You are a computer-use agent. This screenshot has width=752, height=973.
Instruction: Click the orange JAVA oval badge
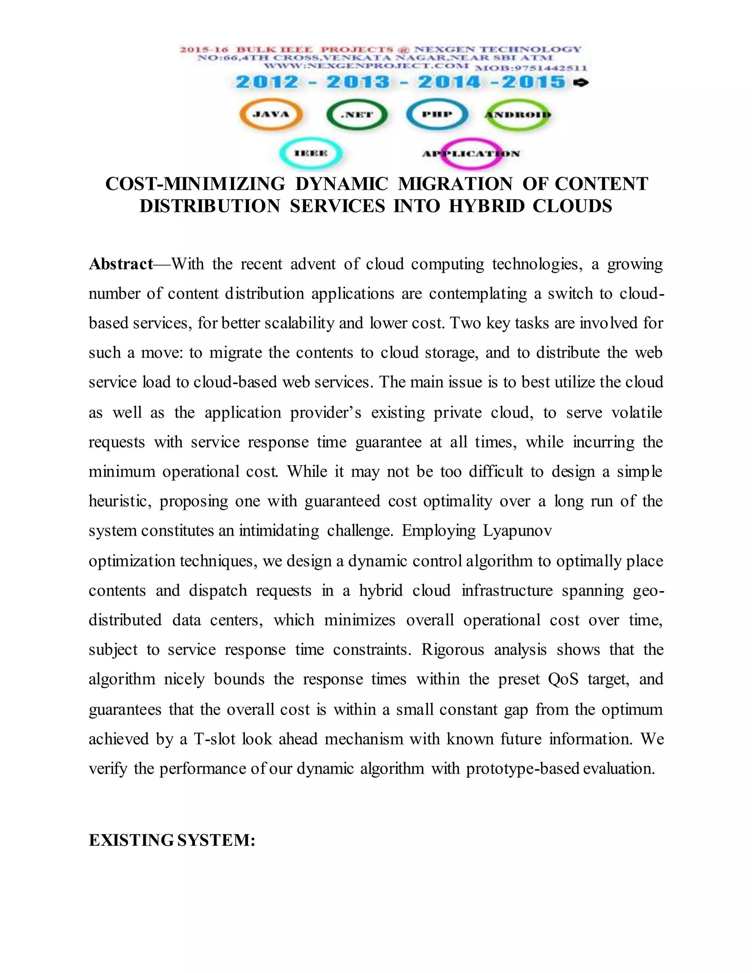click(x=271, y=114)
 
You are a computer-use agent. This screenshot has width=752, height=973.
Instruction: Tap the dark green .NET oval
click(x=357, y=115)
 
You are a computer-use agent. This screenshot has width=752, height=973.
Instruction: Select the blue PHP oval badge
click(x=437, y=114)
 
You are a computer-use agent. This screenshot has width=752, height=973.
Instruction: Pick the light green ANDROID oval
click(x=518, y=115)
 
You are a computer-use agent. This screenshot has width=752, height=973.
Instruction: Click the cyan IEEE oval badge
click(x=311, y=153)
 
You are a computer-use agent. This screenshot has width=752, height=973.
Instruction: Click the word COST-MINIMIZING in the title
click(x=195, y=184)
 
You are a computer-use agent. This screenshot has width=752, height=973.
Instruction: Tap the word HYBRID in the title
click(x=487, y=206)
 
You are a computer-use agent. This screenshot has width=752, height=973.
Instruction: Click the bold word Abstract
click(x=121, y=264)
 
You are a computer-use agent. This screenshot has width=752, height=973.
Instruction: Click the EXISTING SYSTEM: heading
click(x=172, y=840)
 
